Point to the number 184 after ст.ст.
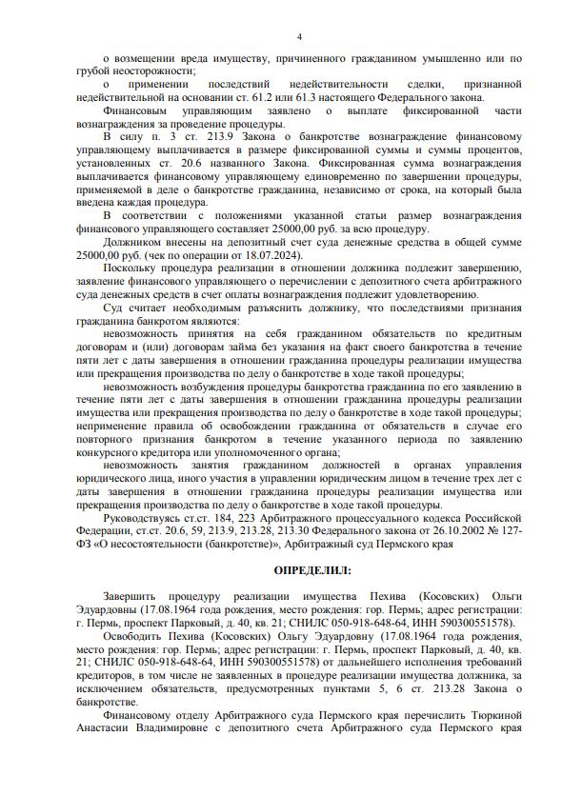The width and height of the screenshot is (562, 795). click(x=222, y=516)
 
